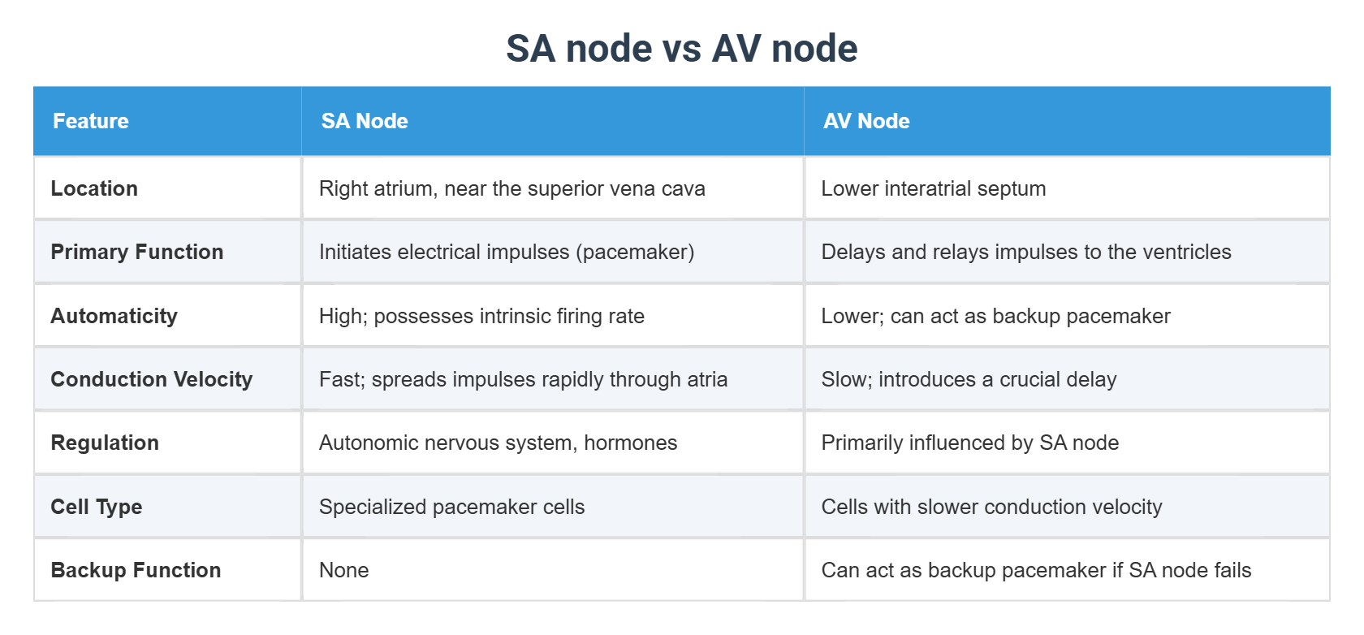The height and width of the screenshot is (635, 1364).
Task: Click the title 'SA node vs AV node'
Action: (x=681, y=49)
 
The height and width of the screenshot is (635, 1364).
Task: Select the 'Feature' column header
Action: (x=91, y=121)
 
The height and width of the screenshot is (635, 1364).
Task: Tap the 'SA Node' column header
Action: (x=365, y=121)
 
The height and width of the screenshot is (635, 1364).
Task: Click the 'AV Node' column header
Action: (x=866, y=121)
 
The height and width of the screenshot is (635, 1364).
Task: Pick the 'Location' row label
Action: (x=94, y=188)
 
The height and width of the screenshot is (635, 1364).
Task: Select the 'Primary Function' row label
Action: (x=137, y=252)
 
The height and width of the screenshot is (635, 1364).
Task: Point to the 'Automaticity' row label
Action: (x=114, y=316)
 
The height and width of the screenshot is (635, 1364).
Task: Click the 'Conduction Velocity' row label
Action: (x=152, y=379)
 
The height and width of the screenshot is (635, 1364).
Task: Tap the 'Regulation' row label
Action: (x=105, y=443)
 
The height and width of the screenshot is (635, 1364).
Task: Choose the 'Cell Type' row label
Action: (x=97, y=507)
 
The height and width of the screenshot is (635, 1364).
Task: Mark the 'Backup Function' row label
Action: (x=136, y=570)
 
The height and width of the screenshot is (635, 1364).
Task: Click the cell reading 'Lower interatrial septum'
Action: (x=934, y=188)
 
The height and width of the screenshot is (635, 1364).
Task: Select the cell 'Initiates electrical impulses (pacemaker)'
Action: (x=507, y=252)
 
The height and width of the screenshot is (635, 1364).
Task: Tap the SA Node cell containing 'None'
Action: (x=344, y=570)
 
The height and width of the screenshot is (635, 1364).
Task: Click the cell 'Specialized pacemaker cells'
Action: (x=451, y=507)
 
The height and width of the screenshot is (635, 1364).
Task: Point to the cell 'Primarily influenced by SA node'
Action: (x=970, y=443)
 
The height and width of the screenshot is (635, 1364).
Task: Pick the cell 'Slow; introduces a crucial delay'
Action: (x=969, y=379)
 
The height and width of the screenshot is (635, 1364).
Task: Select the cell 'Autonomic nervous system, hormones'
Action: (x=498, y=443)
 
